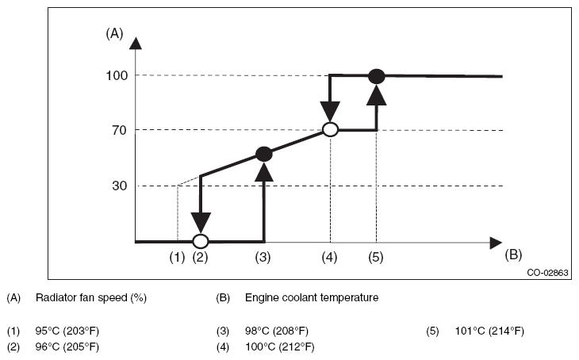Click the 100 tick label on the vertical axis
[117, 75]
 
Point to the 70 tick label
[120, 130]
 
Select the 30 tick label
[120, 186]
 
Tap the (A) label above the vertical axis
[114, 33]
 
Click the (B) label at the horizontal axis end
[513, 255]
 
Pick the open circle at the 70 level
[331, 129]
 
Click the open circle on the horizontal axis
[201, 242]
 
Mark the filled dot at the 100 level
[377, 76]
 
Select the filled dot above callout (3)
[264, 154]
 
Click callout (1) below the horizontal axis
[177, 257]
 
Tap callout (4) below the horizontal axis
[329, 257]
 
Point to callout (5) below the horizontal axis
[376, 257]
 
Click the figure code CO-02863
[547, 273]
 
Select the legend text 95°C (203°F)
[67, 331]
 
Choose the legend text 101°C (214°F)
[489, 331]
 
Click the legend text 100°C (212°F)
[280, 347]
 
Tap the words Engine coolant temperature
[312, 297]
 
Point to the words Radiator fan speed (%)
[91, 297]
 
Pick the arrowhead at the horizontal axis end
[496, 243]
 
